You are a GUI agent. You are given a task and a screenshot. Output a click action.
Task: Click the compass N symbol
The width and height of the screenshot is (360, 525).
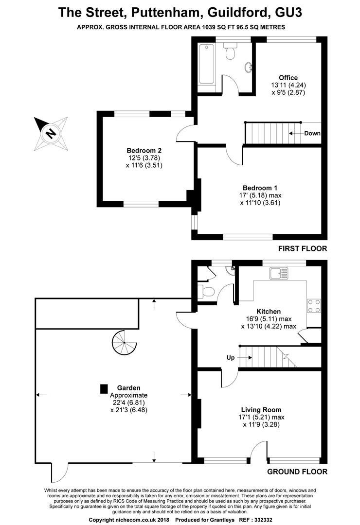[51, 134]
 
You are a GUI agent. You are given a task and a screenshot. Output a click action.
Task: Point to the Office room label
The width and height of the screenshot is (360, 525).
[288, 78]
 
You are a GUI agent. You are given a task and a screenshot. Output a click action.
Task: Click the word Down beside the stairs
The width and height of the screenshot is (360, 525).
[312, 133]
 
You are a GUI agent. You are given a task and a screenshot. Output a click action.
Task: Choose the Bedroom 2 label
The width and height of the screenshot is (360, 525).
[144, 150]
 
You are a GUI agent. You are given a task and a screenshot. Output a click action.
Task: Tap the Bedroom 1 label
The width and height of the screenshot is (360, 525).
[260, 188]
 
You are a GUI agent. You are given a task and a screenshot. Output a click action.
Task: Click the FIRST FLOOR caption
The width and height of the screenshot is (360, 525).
[302, 248]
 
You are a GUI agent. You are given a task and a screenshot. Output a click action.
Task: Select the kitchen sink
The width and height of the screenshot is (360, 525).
[279, 273]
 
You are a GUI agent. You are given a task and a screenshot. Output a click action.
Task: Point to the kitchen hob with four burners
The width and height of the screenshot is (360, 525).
[314, 306]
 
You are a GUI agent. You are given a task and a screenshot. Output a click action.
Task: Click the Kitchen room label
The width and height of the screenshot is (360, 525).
[269, 312]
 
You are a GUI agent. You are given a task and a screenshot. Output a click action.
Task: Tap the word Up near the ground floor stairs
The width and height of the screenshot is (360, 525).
[231, 358]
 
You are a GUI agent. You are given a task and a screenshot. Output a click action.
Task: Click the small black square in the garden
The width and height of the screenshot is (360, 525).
[104, 389]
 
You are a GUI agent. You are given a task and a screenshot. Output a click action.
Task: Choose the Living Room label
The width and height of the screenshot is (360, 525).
[261, 410]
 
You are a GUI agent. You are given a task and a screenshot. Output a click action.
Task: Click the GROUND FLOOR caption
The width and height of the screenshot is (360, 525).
[297, 472]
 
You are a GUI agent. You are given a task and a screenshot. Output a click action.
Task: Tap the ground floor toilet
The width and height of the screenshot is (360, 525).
[206, 291]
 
